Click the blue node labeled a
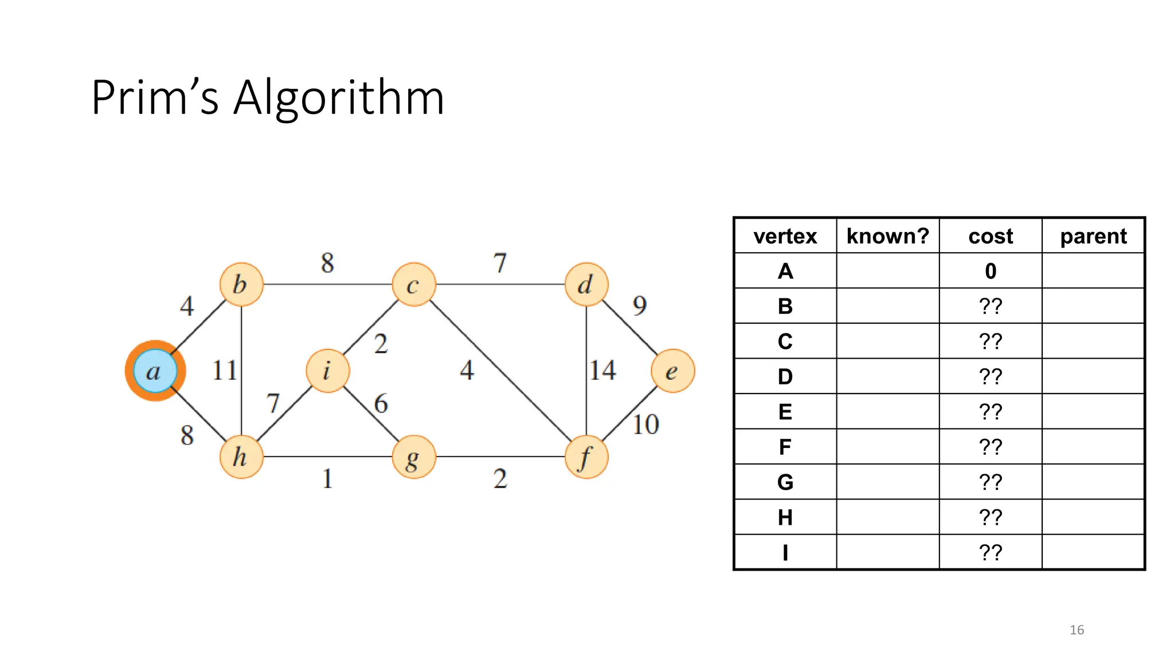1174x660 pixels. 155,371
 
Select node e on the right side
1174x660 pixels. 672,371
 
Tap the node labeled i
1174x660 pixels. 327,371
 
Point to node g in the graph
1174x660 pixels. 413,457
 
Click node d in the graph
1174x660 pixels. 586,285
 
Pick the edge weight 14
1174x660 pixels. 603,370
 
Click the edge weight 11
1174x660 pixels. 224,370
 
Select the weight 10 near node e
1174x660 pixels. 645,425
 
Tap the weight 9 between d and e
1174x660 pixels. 640,305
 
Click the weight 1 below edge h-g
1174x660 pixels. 327,479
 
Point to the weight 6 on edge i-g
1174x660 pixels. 381,404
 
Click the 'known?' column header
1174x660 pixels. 887,236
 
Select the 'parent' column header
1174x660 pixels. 1093,236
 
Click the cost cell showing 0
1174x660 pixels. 991,271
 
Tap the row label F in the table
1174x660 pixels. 785,447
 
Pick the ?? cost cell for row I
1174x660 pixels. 991,552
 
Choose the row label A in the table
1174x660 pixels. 785,271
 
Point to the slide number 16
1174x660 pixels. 1077,630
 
